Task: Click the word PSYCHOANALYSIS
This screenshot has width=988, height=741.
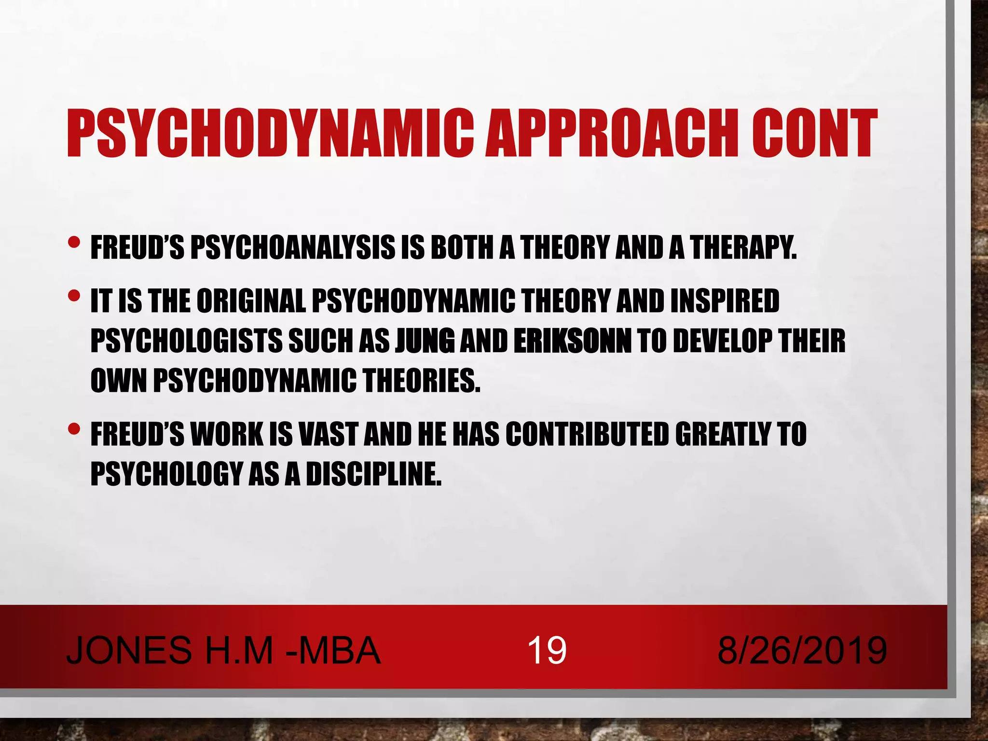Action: (292, 248)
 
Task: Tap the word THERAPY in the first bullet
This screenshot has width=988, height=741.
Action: (743, 248)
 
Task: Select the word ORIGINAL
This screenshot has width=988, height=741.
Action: (251, 301)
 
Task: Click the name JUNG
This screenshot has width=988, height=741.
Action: (425, 341)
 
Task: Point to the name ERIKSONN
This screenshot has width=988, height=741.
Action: (573, 341)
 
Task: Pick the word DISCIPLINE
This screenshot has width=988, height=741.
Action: (374, 474)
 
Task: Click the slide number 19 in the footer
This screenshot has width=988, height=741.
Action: (547, 650)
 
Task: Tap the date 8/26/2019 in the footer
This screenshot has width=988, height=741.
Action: (802, 650)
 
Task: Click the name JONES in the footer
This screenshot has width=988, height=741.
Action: (129, 650)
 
